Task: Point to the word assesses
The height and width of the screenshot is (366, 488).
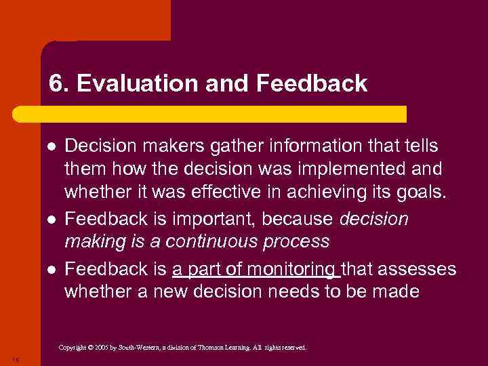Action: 418,269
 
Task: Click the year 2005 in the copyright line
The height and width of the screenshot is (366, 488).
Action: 99,348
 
